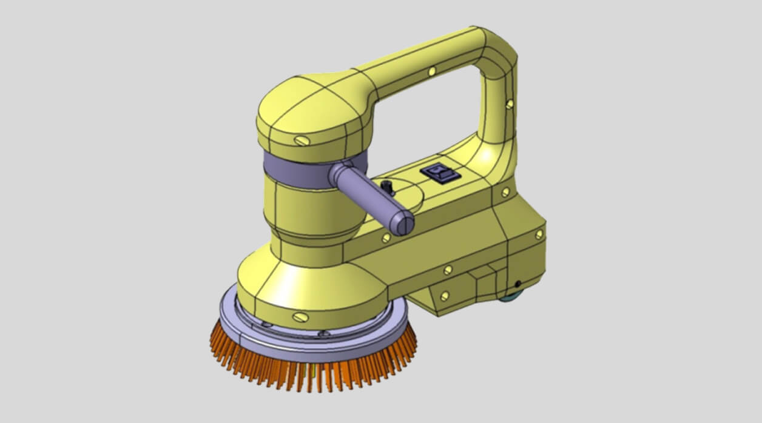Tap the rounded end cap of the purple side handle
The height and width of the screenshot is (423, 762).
click(x=402, y=224)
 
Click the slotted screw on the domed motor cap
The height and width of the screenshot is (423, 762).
click(x=301, y=141)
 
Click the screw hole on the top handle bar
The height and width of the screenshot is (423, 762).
click(x=431, y=72)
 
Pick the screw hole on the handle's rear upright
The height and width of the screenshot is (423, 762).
click(x=509, y=104)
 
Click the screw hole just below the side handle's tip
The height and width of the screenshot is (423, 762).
click(x=385, y=239)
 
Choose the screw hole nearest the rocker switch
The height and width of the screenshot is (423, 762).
click(x=505, y=192)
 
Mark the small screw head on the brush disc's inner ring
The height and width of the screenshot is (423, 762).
click(x=324, y=333)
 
